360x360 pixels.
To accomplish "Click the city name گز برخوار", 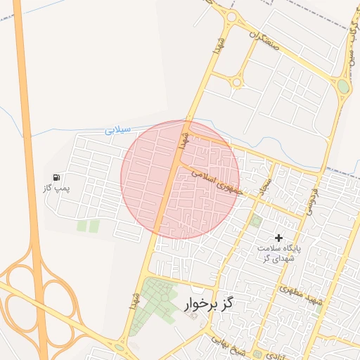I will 208,304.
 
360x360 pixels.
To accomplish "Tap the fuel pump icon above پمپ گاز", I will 56,177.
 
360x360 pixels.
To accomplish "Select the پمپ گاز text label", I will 56,189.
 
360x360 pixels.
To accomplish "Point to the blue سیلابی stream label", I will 119,130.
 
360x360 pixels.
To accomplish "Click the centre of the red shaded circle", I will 180,179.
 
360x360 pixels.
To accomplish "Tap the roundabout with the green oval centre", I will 343,86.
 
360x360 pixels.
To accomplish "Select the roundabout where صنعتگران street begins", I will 231,17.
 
